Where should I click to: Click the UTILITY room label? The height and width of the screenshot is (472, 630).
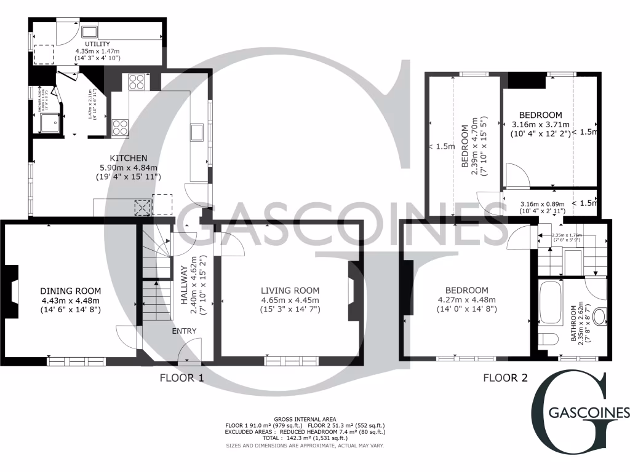pos(97,44)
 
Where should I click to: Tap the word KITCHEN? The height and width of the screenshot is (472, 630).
pos(128,158)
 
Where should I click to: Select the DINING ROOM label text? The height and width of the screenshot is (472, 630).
pos(71,291)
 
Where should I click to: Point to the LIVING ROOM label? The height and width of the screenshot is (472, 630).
pos(290,291)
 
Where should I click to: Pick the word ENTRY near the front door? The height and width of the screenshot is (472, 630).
pos(185,331)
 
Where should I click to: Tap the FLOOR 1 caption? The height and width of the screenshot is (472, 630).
pos(181,377)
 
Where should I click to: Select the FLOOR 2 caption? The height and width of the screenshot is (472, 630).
pos(505,377)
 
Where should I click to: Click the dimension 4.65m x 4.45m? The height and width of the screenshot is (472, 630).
pos(290,300)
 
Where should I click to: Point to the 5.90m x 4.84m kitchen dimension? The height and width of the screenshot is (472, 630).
pos(128,167)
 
